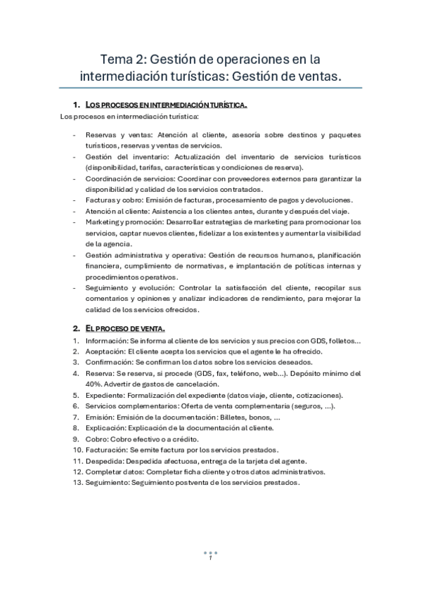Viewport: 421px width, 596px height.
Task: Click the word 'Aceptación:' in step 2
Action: click(105, 351)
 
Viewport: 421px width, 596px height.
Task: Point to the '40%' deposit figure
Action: click(91, 384)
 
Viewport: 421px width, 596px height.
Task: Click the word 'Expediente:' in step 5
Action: click(105, 396)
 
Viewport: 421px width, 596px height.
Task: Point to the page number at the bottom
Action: click(210, 557)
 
